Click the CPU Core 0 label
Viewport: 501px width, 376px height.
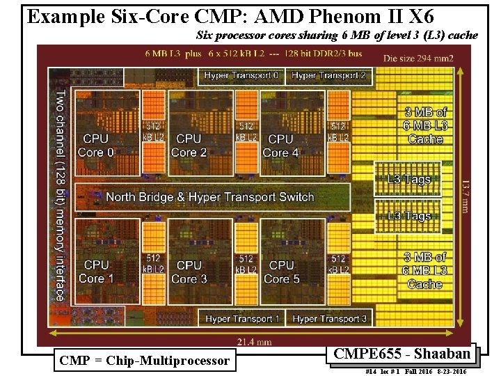[x=96, y=146]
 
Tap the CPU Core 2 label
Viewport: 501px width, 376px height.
[x=189, y=146]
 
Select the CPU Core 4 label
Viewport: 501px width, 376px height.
[x=280, y=146]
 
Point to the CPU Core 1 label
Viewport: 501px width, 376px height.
[x=96, y=272]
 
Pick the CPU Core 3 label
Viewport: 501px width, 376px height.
[x=189, y=272]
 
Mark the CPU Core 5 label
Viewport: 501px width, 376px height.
[x=281, y=272]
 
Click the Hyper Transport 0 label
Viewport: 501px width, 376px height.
[x=241, y=75]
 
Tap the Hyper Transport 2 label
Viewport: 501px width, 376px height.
[x=329, y=75]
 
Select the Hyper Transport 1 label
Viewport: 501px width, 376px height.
[x=242, y=319]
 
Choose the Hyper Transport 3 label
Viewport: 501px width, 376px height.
[x=330, y=319]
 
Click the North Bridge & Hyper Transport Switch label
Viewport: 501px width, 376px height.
[x=210, y=197]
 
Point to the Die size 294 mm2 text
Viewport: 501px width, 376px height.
[x=417, y=58]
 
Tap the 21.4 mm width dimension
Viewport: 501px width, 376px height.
[x=254, y=341]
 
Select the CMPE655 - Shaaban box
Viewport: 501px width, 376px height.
[x=402, y=354]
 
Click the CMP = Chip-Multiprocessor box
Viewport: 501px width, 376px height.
[x=145, y=361]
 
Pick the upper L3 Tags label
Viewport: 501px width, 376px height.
[x=409, y=179]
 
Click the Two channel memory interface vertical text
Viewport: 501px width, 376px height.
[x=61, y=195]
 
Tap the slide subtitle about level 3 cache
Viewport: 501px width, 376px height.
[x=337, y=35]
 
